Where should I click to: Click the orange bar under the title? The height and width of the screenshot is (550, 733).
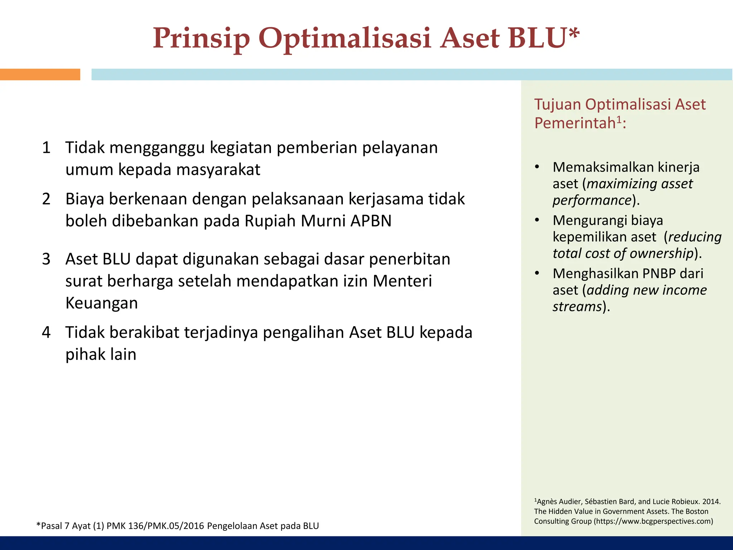pyautogui.click(x=40, y=74)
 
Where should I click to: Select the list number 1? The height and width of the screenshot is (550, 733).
pyautogui.click(x=46, y=148)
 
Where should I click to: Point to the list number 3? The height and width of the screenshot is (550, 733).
pyautogui.click(x=46, y=259)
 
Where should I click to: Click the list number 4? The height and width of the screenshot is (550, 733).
pyautogui.click(x=46, y=333)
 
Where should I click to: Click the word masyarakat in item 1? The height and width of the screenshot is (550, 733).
pyautogui.click(x=218, y=170)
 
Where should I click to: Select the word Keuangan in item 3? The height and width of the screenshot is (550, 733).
pyautogui.click(x=102, y=303)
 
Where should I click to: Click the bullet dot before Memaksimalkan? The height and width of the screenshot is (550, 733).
pyautogui.click(x=537, y=167)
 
